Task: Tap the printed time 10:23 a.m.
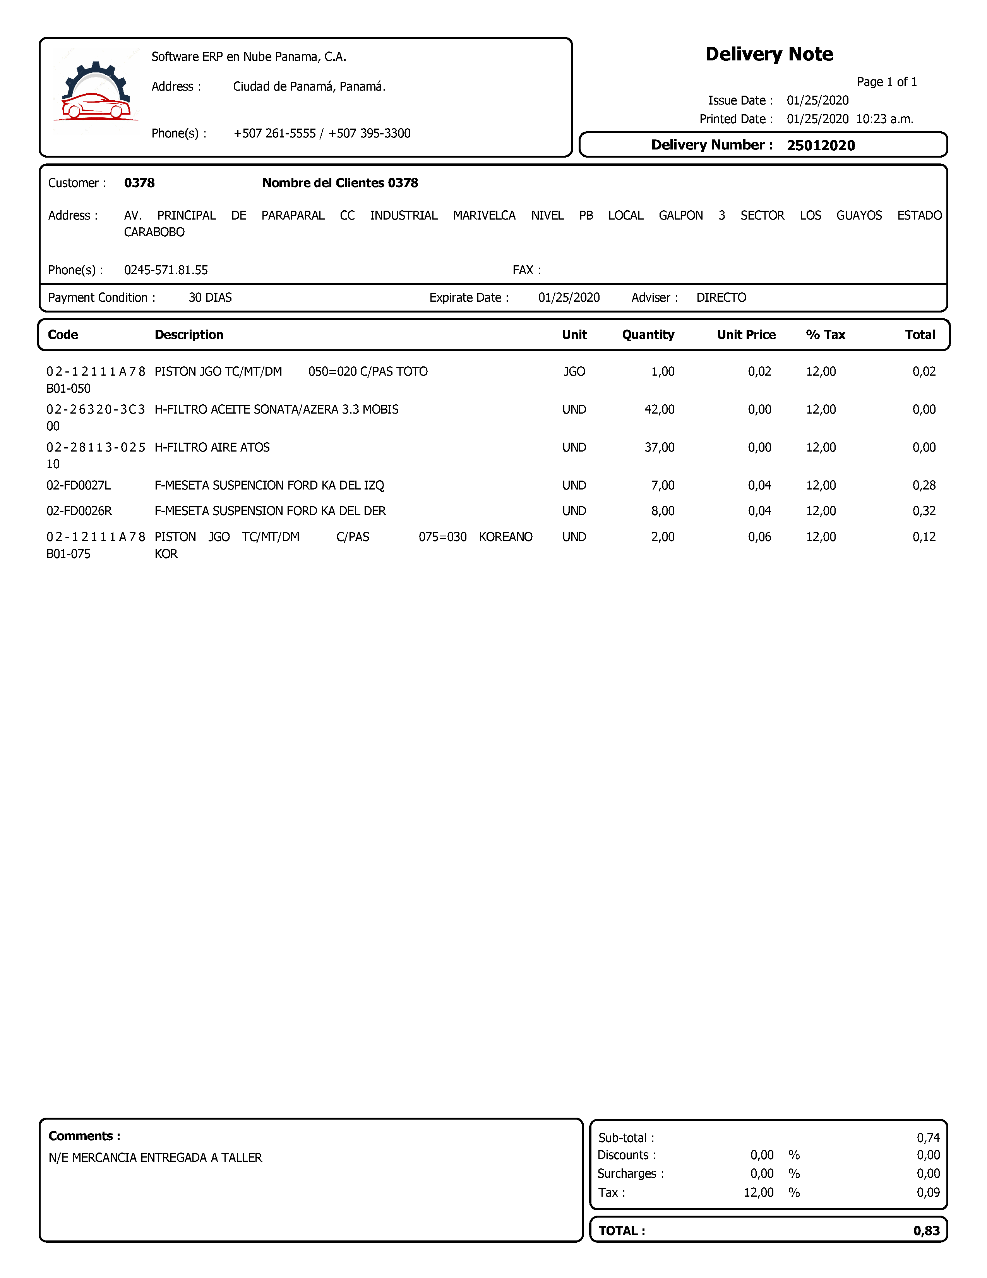(x=884, y=119)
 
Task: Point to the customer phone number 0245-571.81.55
(x=166, y=270)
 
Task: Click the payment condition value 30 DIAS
(x=210, y=298)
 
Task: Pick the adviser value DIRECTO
(x=721, y=298)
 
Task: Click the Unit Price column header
(x=746, y=335)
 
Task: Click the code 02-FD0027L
(x=78, y=486)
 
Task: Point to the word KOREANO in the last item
(x=505, y=537)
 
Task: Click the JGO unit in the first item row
(x=574, y=371)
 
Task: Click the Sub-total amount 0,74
(x=928, y=1137)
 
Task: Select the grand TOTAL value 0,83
(x=926, y=1231)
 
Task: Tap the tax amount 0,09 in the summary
(x=928, y=1192)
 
